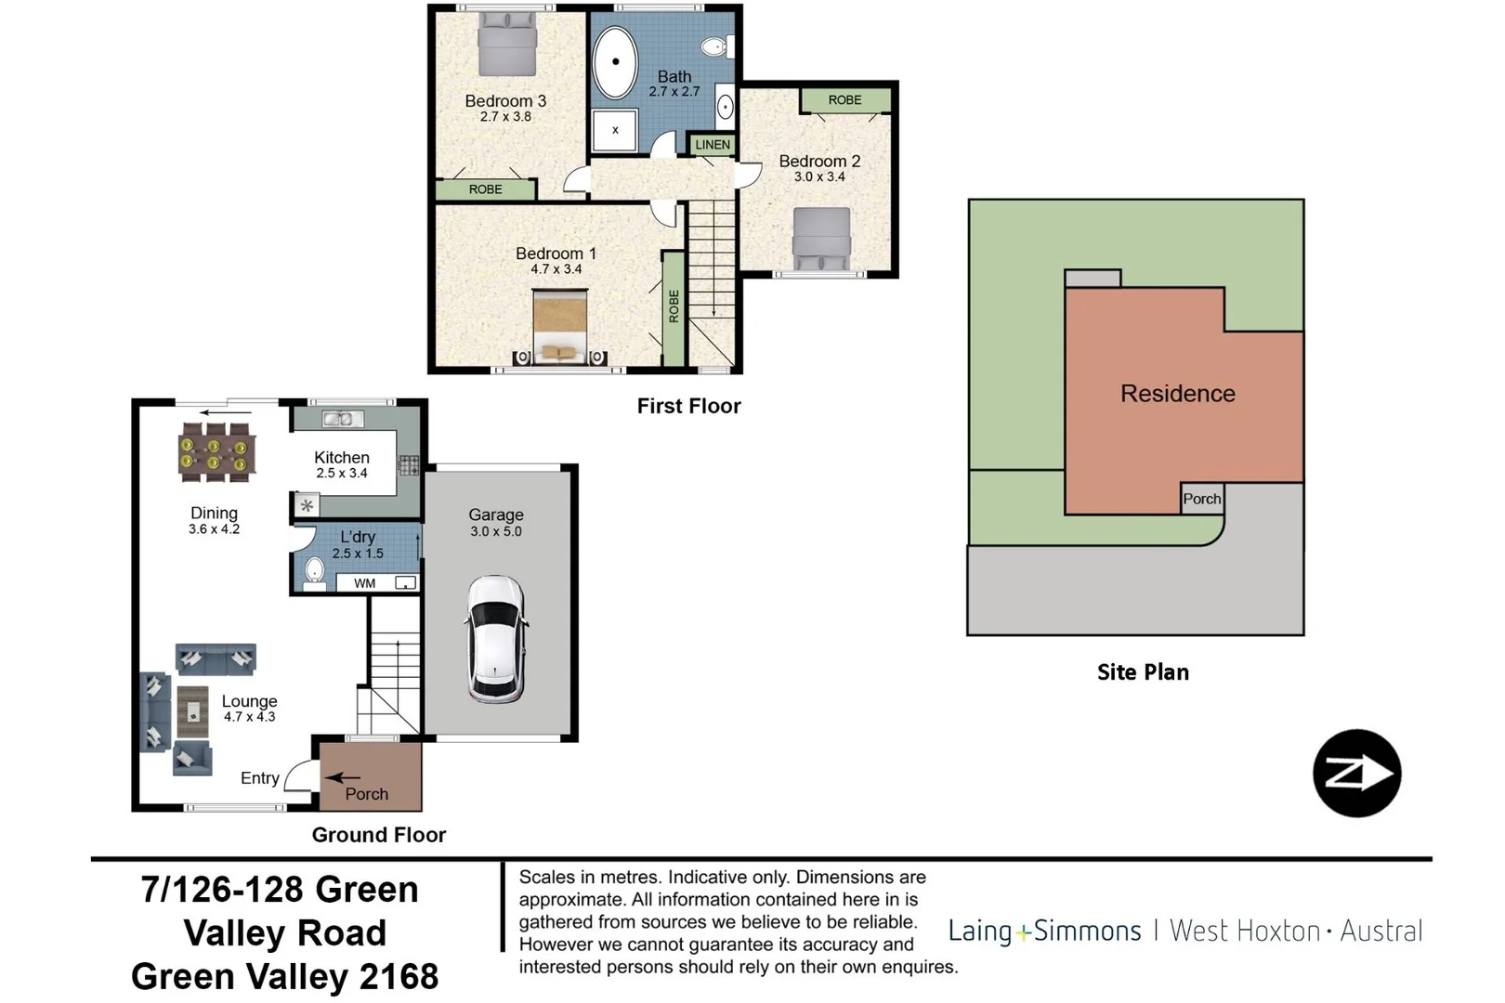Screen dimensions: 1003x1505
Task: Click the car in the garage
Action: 497,638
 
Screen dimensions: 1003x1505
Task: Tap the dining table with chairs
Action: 215,452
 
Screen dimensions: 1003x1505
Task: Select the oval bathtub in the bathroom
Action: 615,62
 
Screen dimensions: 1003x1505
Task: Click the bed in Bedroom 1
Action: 560,327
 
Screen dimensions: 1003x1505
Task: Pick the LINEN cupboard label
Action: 713,145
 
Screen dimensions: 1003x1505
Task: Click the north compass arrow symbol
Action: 1356,774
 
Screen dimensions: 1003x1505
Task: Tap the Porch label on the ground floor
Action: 367,794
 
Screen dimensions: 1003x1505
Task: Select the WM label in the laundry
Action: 364,583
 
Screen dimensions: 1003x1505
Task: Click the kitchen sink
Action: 343,420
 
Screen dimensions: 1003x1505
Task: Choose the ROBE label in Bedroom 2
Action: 844,100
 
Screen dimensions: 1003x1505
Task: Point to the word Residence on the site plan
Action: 1177,394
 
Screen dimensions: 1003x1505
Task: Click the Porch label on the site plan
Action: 1201,499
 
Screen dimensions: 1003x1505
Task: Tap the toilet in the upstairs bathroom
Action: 715,46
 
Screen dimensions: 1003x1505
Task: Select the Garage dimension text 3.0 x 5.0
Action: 496,531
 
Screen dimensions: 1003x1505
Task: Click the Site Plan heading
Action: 1143,672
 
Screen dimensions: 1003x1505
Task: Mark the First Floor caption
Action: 688,406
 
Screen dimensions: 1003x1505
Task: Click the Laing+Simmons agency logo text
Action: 1044,931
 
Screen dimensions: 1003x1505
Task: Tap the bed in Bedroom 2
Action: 821,239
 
